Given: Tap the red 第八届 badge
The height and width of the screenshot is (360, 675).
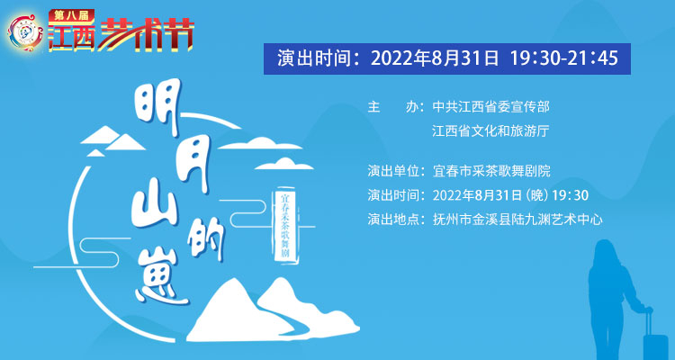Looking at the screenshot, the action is click(x=71, y=15).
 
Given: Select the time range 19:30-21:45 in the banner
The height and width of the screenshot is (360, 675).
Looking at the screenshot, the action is click(x=564, y=58).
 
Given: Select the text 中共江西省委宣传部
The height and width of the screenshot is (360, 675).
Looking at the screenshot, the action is click(x=491, y=107).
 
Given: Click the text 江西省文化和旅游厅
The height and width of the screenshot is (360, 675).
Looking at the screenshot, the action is click(x=490, y=130).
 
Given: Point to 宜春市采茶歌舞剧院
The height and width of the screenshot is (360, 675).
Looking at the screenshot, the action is click(x=491, y=171).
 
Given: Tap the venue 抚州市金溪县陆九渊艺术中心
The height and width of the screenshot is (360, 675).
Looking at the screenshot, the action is click(x=517, y=220).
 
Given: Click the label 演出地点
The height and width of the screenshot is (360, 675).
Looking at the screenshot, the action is click(x=393, y=220).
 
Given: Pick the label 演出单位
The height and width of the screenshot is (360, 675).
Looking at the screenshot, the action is click(x=393, y=171).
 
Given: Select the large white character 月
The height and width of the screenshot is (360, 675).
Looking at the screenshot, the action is click(x=191, y=166).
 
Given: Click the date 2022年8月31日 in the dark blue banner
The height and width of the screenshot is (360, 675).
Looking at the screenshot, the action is click(x=435, y=58).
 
